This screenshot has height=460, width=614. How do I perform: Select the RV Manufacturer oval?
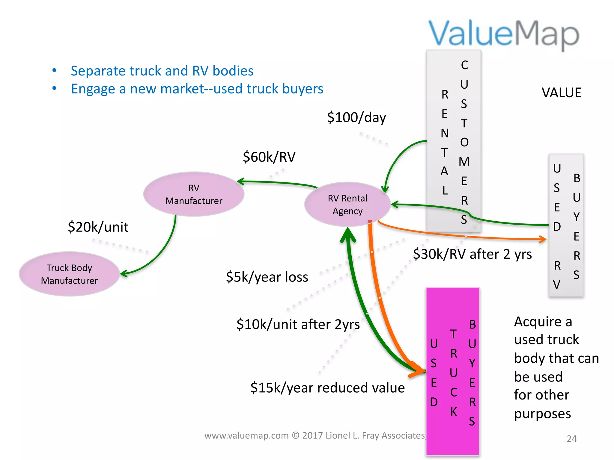[x=194, y=194]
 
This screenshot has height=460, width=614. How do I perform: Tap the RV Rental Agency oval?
[x=347, y=204]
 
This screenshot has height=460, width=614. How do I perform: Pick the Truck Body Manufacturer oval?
[x=69, y=274]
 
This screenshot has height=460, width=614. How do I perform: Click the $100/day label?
[x=356, y=117]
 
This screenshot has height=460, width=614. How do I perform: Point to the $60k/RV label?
[x=269, y=157]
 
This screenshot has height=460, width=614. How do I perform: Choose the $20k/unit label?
[x=98, y=227]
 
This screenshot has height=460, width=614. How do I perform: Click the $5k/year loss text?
[x=267, y=277]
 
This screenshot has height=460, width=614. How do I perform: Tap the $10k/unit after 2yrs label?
[x=298, y=324]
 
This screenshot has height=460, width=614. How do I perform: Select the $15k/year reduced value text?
[x=327, y=388]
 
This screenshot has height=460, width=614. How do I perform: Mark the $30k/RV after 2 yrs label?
[x=472, y=254]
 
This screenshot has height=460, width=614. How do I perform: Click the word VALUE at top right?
[x=561, y=93]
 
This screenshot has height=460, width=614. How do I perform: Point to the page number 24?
[x=571, y=438]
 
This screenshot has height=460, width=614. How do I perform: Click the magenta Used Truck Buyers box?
[x=453, y=371]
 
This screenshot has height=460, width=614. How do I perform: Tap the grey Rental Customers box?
[x=454, y=141]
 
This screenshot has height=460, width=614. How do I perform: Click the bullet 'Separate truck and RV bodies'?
[x=162, y=71]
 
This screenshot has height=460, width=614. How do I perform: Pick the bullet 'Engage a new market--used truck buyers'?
[x=197, y=89]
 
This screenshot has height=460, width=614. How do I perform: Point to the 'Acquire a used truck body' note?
[x=556, y=367]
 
